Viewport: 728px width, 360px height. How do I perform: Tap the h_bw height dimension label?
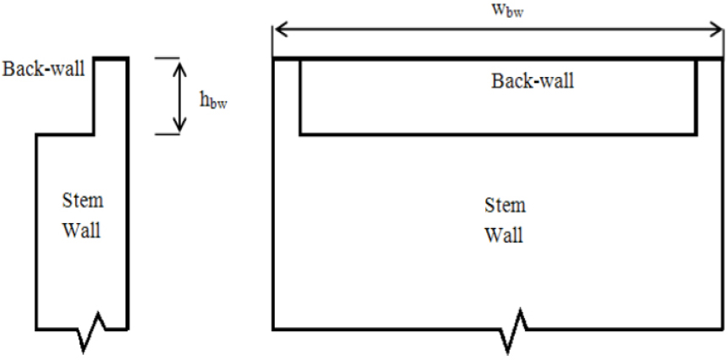click(213, 101)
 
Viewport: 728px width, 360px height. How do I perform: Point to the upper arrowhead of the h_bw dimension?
click(178, 63)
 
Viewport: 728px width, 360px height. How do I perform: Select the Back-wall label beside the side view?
click(44, 68)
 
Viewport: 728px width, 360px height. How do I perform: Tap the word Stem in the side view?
click(83, 201)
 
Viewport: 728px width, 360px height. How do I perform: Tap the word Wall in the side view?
click(83, 230)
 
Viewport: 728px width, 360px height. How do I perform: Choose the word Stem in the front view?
click(504, 205)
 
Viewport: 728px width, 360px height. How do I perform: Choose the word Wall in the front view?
click(504, 234)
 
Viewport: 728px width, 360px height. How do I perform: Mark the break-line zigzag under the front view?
click(512, 334)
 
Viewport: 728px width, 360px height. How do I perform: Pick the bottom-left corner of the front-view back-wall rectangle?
click(300, 134)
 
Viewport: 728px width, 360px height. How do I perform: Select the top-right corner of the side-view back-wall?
click(127, 57)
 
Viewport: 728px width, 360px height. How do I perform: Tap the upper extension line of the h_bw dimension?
click(167, 57)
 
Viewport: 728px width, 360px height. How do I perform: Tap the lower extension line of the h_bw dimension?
click(167, 134)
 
